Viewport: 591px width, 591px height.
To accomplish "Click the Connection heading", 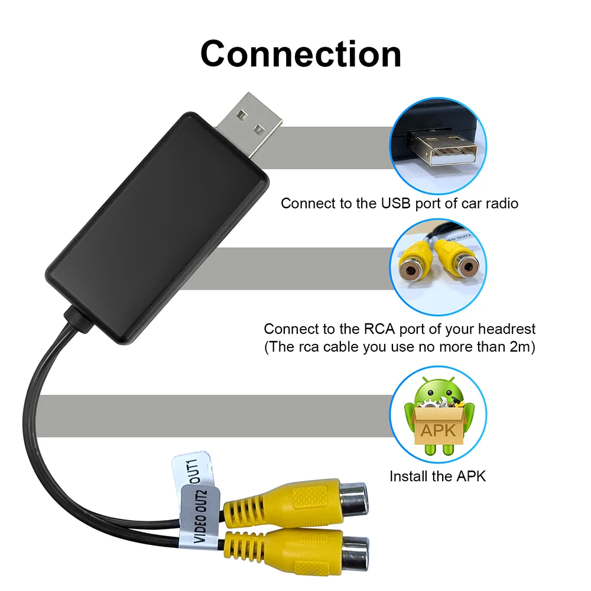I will [301, 54].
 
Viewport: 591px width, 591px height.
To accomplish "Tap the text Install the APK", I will [437, 476].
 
